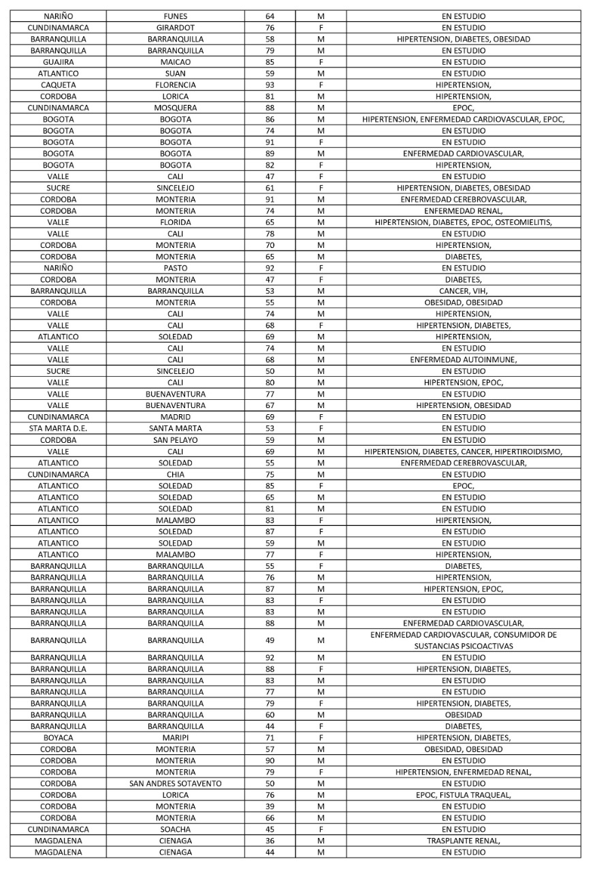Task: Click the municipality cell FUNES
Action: tap(176, 16)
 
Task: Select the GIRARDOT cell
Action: tap(176, 28)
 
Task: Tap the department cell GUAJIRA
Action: tap(58, 62)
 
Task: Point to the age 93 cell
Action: tap(270, 85)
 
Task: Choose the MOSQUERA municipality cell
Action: tap(176, 108)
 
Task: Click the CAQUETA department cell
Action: tap(58, 85)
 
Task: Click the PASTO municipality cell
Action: tap(176, 268)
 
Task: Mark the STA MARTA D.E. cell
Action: tap(58, 428)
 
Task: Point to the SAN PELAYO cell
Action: tap(176, 439)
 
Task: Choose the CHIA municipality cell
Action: tap(176, 474)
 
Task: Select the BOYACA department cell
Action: tap(58, 738)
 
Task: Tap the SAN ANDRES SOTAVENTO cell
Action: tap(176, 783)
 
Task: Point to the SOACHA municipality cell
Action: tap(176, 829)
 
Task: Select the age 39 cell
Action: tap(270, 807)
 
